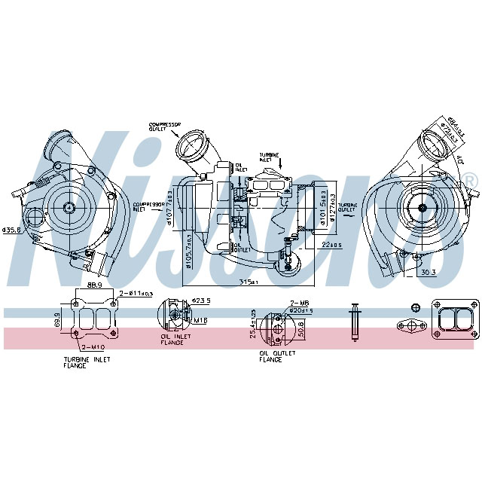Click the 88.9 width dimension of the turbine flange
click(x=94, y=287)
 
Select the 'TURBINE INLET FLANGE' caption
click(x=87, y=362)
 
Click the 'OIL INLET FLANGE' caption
click(x=173, y=340)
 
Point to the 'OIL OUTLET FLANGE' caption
click(x=270, y=357)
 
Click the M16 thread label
click(x=200, y=320)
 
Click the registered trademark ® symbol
click(x=470, y=179)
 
